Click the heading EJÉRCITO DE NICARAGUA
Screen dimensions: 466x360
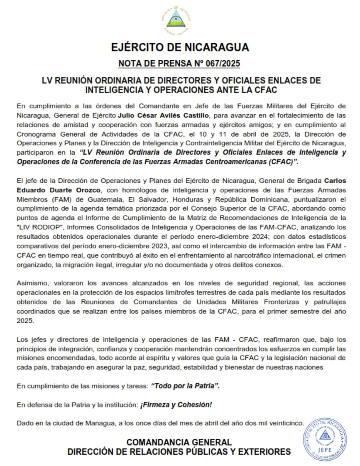click(179, 47)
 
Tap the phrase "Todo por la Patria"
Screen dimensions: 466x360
click(185, 386)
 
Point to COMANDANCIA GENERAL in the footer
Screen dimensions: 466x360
click(179, 442)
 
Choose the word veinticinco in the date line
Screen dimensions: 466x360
click(283, 423)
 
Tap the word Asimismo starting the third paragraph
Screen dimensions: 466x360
click(31, 282)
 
